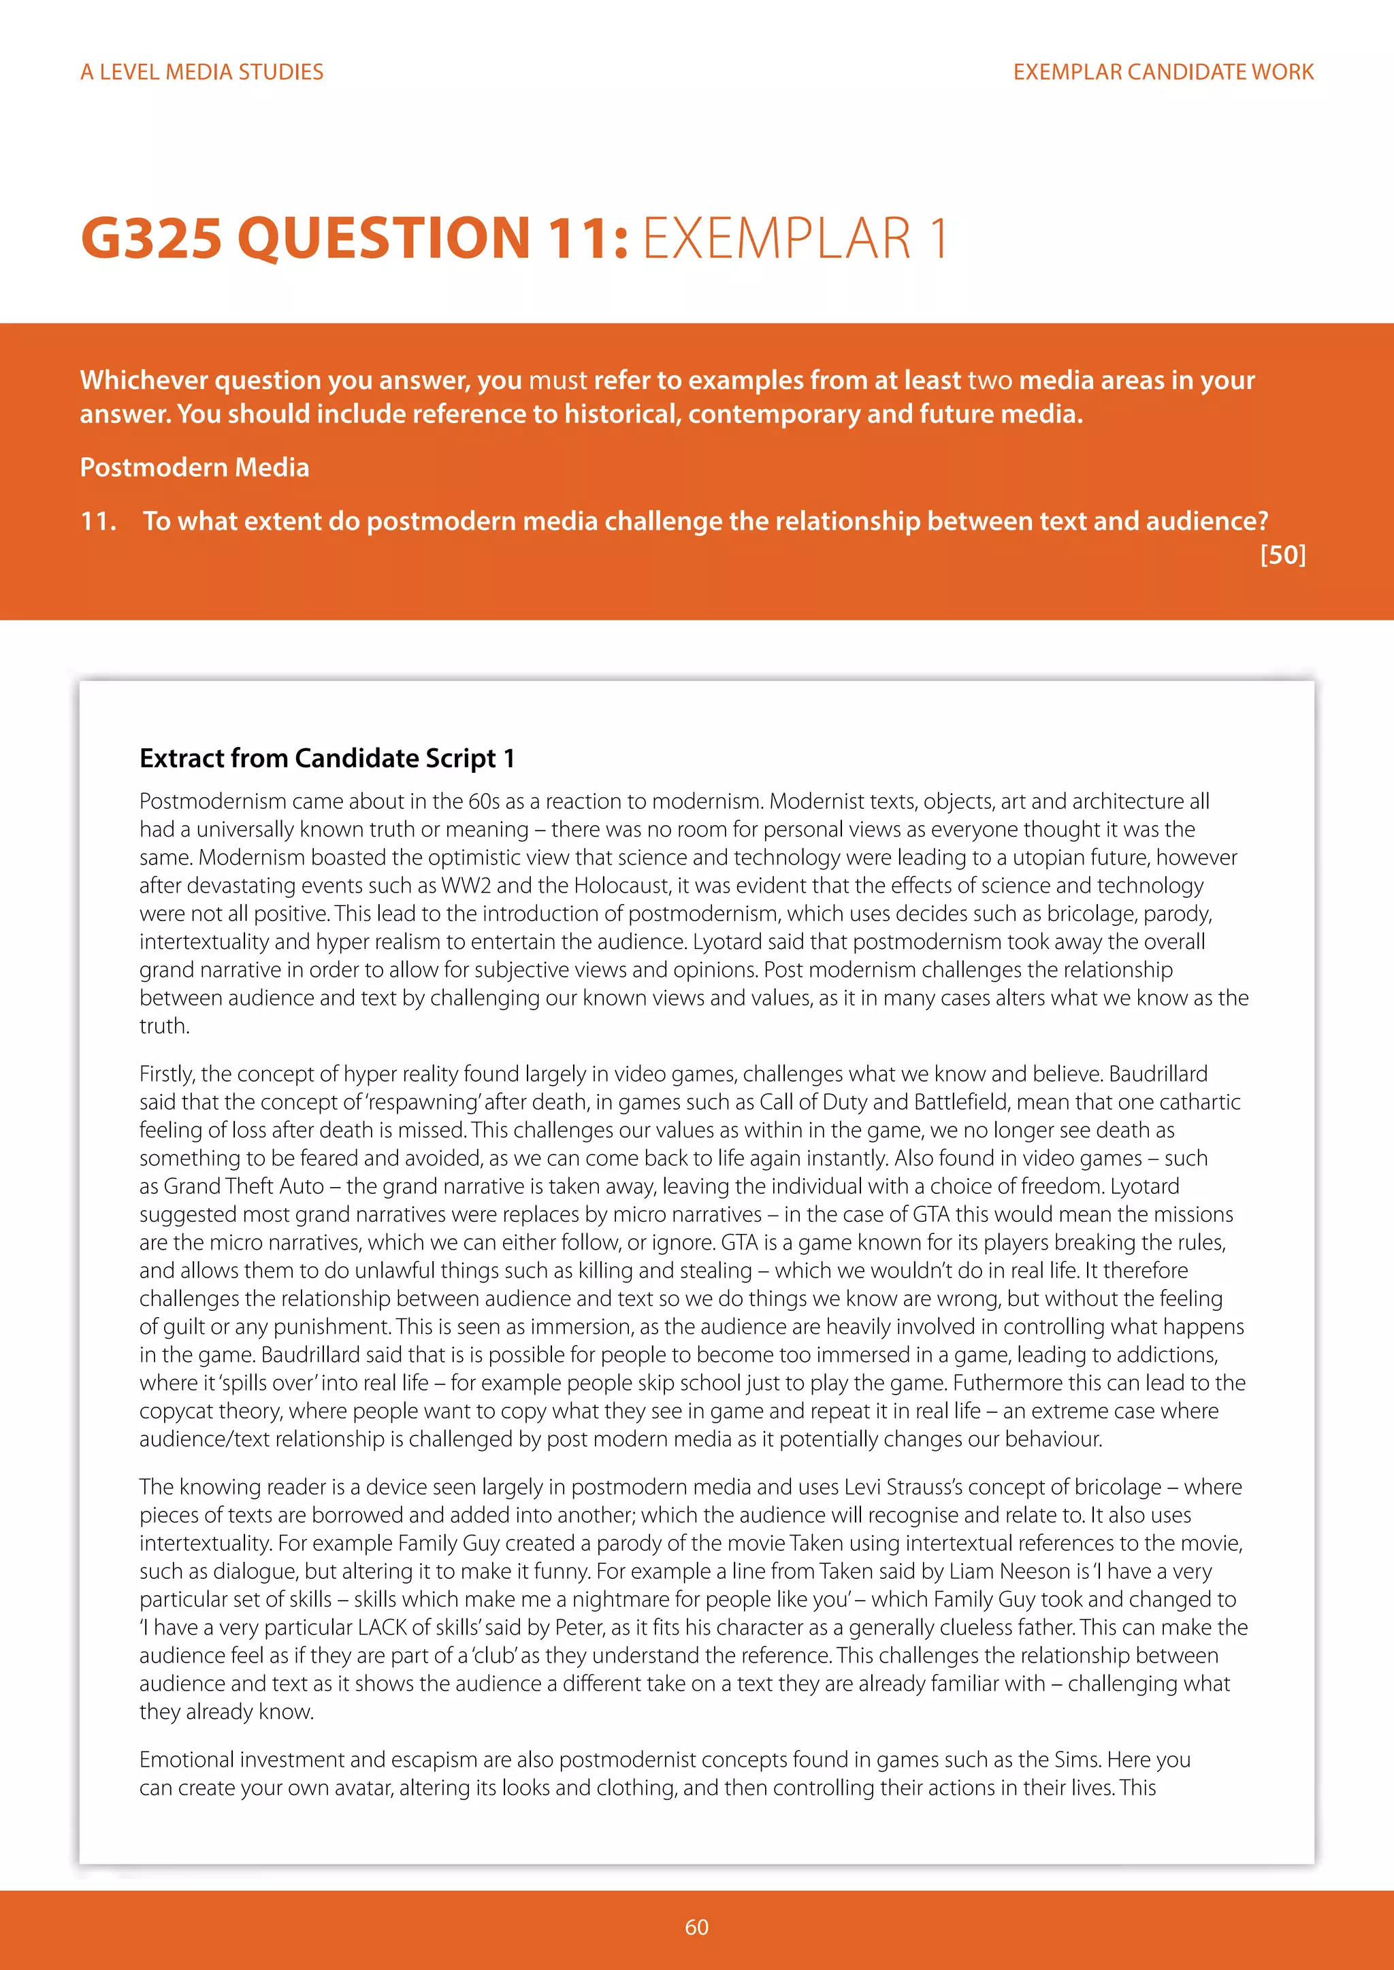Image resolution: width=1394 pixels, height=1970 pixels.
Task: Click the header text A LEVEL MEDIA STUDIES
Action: tap(201, 72)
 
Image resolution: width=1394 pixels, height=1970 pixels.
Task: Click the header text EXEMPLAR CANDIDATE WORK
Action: tap(1163, 72)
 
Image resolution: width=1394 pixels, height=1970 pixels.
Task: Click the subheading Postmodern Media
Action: tap(195, 467)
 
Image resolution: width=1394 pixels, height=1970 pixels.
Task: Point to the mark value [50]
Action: tap(1282, 555)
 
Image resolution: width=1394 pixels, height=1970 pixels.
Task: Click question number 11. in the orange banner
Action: tap(98, 521)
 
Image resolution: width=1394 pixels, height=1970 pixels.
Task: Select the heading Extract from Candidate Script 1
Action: tap(327, 758)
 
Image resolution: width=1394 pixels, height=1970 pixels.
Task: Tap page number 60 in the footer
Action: tap(696, 1927)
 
